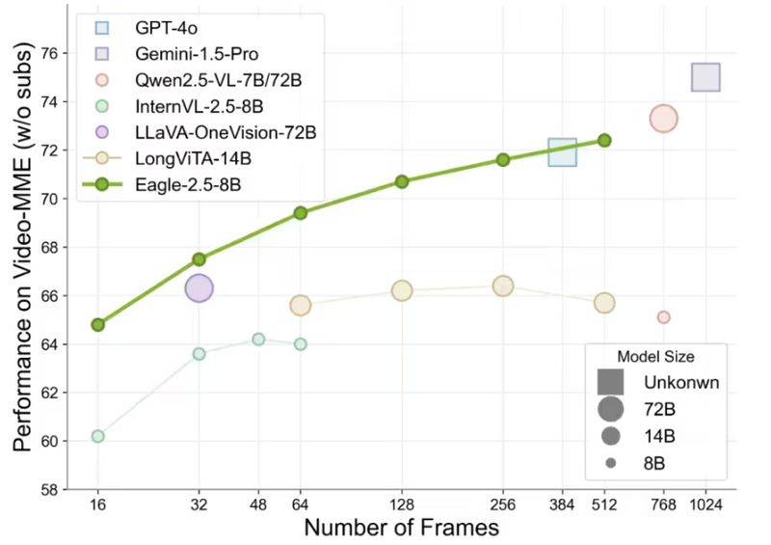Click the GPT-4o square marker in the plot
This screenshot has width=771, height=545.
pos(562,151)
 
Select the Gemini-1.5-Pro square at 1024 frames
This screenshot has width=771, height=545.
pos(705,78)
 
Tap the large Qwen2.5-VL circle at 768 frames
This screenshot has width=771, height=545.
pos(663,119)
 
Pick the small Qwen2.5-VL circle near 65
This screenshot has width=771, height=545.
pos(663,317)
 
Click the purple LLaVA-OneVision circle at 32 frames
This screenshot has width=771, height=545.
pos(199,287)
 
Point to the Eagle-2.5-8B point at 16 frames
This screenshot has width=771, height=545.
pos(97,324)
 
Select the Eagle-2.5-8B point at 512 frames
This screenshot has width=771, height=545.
pos(604,140)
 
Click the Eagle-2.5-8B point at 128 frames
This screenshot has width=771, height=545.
pos(402,181)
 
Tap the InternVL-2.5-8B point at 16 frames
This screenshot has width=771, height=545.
pos(97,436)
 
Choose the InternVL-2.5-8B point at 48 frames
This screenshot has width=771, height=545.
pos(258,339)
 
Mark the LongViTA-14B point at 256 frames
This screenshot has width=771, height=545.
pos(503,286)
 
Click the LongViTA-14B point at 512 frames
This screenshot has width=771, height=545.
pos(604,303)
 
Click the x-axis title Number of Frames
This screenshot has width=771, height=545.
pos(401,528)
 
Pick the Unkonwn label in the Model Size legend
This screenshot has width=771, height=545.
pos(682,382)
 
